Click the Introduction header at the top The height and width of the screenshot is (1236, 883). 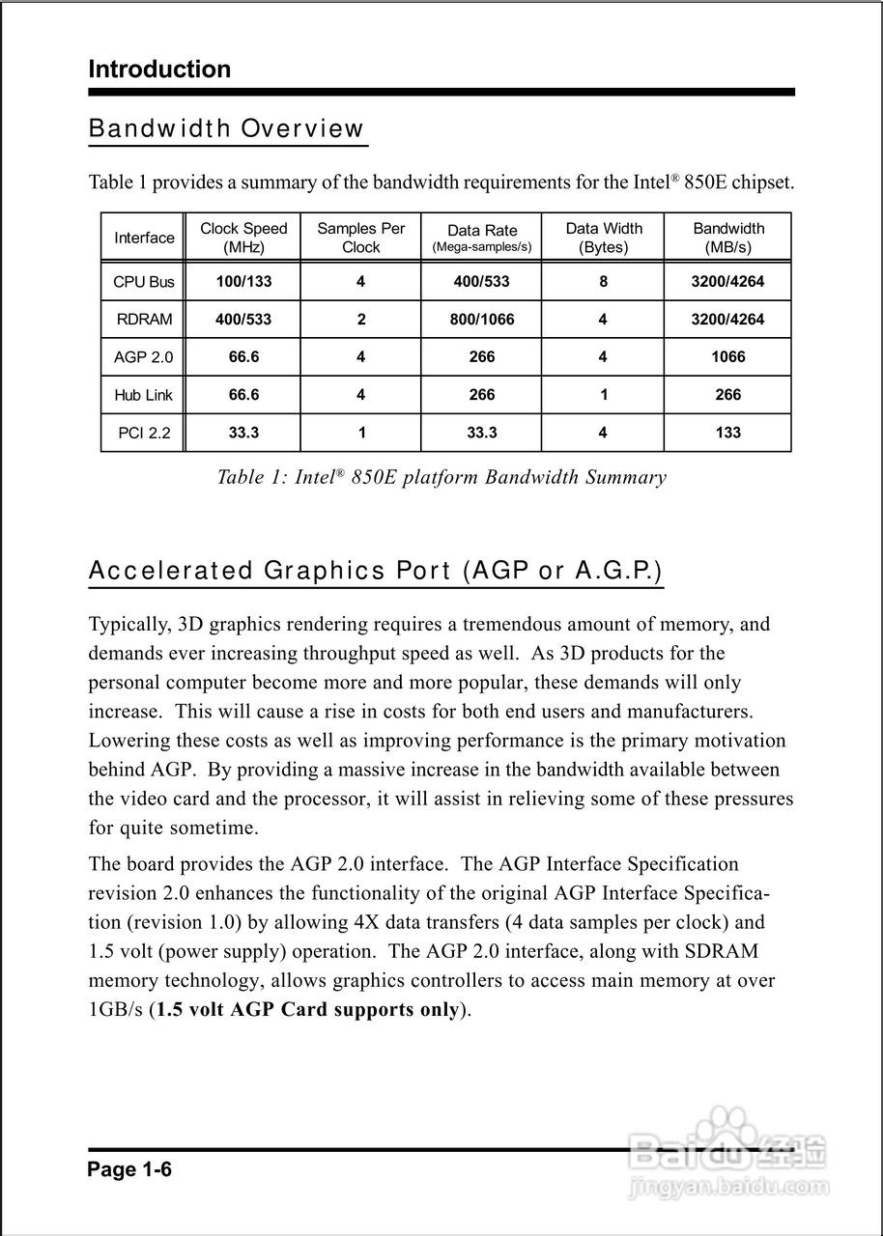pyautogui.click(x=159, y=70)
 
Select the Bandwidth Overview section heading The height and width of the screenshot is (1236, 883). pyautogui.click(x=227, y=129)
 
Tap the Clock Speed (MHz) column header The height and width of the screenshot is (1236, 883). pyautogui.click(x=243, y=238)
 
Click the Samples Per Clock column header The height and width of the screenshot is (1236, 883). pyautogui.click(x=361, y=238)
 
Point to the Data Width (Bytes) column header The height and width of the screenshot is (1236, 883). pyautogui.click(x=604, y=238)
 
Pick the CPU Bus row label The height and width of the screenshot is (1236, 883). pyautogui.click(x=144, y=282)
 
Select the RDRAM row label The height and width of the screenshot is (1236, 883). pyautogui.click(x=144, y=320)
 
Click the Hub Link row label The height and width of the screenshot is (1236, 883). pyautogui.click(x=144, y=395)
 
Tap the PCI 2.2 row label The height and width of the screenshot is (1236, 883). pyautogui.click(x=144, y=433)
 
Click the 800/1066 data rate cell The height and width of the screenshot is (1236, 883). pyautogui.click(x=482, y=320)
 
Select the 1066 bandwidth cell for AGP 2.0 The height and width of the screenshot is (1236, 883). pyautogui.click(x=728, y=357)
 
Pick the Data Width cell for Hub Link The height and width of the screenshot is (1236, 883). pyautogui.click(x=604, y=395)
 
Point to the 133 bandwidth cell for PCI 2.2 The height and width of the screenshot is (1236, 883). pyautogui.click(x=728, y=433)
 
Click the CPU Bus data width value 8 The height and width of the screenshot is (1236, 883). pyautogui.click(x=604, y=282)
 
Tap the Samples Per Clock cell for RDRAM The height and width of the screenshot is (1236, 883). pyautogui.click(x=361, y=320)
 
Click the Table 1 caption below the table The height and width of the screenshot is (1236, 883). pyautogui.click(x=441, y=477)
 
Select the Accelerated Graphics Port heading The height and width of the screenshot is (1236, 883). pyautogui.click(x=376, y=571)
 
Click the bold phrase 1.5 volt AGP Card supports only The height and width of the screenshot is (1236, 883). pyautogui.click(x=307, y=1010)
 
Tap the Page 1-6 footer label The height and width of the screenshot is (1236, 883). pyautogui.click(x=129, y=1170)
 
